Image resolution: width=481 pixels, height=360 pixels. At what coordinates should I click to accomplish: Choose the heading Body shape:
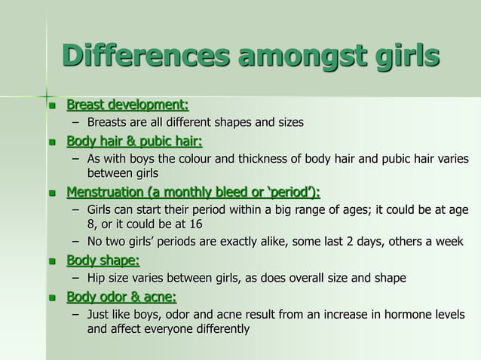click(103, 261)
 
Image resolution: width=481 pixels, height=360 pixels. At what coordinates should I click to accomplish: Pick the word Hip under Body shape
click(98, 278)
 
